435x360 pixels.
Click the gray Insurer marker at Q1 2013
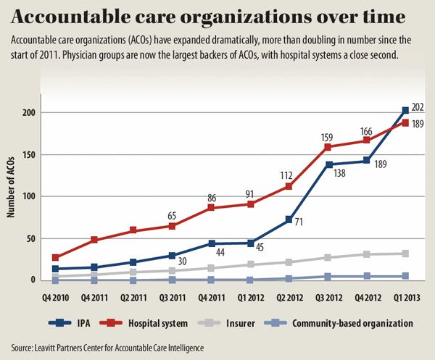pos(405,254)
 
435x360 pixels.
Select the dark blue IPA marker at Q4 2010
pos(56,269)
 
